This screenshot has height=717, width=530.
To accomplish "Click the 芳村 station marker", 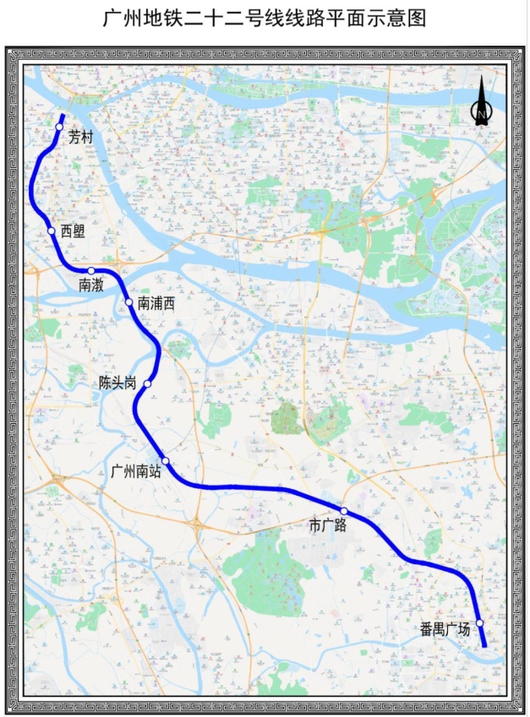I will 59,127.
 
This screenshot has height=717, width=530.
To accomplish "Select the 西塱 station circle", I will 52,231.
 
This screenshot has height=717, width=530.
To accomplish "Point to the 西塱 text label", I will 74,231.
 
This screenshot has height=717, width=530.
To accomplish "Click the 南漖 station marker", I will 90,271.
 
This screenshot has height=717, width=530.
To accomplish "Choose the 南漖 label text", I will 91,285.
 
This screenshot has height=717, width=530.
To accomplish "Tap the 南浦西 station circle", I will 128,302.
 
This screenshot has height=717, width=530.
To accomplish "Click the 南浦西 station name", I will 156,303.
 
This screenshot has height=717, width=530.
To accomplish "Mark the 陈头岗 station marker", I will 148,384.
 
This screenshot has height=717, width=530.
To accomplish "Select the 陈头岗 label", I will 117,383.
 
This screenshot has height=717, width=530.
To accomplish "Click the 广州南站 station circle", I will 166,460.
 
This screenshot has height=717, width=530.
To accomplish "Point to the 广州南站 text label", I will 136,471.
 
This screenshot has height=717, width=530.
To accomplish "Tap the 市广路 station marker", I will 344,511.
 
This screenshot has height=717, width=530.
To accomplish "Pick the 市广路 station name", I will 328,526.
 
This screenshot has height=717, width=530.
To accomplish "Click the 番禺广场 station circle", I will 479,623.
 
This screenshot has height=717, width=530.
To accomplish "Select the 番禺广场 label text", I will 445,629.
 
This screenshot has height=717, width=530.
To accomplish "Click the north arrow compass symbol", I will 481,103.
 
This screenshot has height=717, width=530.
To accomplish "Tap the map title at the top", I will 265,18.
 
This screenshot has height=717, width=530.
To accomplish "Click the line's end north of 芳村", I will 63,114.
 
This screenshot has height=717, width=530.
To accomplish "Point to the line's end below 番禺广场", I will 484,645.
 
